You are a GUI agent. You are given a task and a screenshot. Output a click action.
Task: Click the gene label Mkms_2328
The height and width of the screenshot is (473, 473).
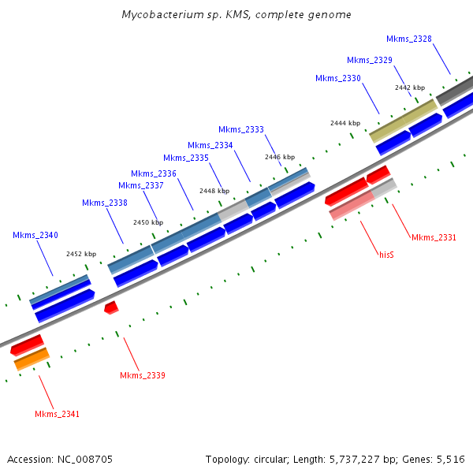[408, 39]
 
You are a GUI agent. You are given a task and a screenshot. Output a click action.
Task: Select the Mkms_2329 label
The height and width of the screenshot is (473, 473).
[369, 60]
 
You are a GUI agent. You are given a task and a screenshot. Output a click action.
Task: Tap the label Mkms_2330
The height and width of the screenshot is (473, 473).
[337, 78]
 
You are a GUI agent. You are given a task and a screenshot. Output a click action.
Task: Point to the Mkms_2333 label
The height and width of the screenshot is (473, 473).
[240, 129]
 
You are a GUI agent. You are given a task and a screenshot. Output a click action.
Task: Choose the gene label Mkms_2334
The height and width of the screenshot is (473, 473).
[210, 145]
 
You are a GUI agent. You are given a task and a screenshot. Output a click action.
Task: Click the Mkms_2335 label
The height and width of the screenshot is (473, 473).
[185, 158]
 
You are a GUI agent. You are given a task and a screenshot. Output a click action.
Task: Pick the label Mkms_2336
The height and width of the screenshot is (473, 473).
[153, 173]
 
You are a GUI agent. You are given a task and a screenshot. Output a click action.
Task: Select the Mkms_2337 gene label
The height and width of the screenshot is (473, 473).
[140, 185]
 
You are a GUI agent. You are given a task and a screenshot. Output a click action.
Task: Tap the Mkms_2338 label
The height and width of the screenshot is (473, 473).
[104, 203]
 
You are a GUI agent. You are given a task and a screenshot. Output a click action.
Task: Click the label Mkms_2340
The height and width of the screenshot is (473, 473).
[35, 235]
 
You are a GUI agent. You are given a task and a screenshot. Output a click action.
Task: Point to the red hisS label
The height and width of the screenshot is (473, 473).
[385, 255]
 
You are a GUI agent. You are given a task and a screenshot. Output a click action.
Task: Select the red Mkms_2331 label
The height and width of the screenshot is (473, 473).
[434, 237]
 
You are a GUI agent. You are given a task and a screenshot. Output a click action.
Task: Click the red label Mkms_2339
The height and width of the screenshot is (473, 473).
[142, 375]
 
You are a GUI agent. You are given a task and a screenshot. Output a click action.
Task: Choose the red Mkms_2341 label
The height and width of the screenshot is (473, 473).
[57, 414]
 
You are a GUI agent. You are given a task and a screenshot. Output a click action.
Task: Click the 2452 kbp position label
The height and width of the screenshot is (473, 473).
[80, 254]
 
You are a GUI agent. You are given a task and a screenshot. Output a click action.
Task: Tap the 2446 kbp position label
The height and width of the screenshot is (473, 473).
[279, 157]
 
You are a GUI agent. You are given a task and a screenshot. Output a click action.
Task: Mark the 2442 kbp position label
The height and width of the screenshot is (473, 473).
[409, 88]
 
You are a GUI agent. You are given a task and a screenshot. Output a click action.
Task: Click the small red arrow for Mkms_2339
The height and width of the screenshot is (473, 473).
[111, 307]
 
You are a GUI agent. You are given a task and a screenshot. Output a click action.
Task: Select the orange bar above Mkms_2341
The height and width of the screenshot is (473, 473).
[32, 359]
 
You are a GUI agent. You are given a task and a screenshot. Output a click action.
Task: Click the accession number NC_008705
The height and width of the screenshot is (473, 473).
[86, 459]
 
